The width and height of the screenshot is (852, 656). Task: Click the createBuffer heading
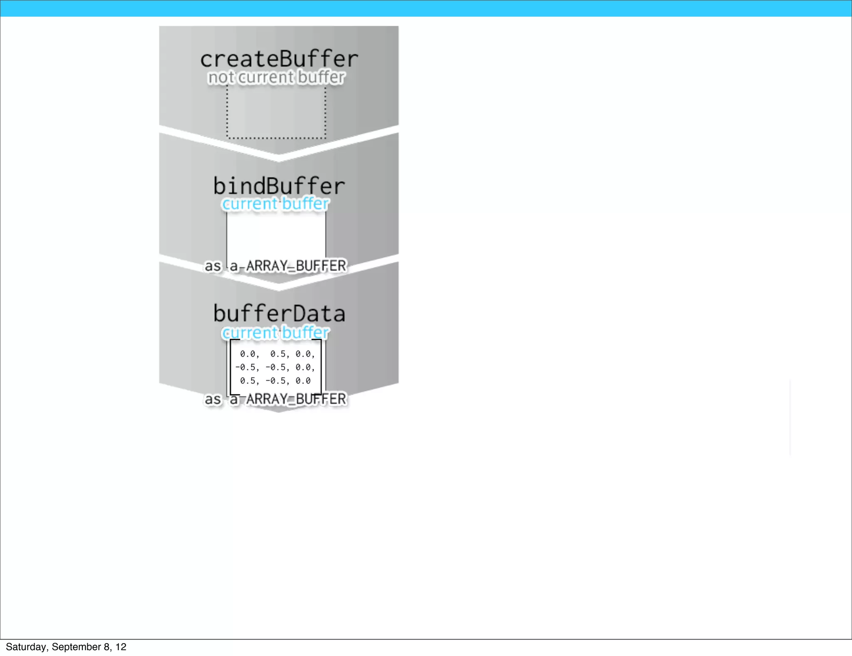click(x=279, y=59)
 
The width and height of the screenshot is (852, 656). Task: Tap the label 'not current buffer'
click(x=276, y=77)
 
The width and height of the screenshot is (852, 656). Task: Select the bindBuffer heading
click(x=279, y=186)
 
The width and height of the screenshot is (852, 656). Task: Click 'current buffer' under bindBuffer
click(x=275, y=204)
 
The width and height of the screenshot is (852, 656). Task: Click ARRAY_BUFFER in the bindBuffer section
click(x=296, y=266)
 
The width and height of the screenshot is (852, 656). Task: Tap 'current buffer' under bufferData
click(x=275, y=333)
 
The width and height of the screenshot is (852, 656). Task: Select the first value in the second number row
click(x=247, y=368)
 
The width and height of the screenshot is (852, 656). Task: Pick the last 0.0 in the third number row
click(x=303, y=381)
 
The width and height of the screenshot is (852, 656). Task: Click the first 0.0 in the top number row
click(x=249, y=354)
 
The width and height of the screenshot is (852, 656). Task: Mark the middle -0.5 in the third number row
click(x=277, y=381)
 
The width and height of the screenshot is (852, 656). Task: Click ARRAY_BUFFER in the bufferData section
click(x=296, y=399)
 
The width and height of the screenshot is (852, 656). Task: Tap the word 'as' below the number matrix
click(x=213, y=399)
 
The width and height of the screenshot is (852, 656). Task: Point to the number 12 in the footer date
click(x=121, y=647)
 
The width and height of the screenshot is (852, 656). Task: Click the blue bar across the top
click(x=426, y=8)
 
